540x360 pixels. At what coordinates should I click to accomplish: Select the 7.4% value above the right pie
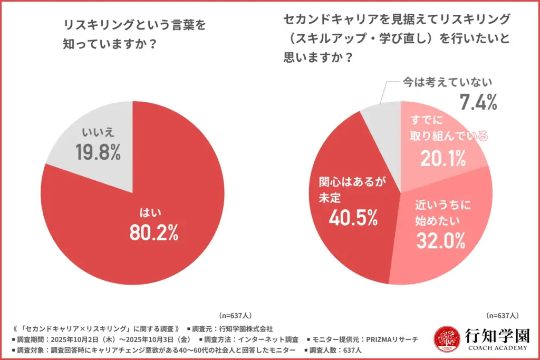478,102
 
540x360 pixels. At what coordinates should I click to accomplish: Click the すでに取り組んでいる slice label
447,128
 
